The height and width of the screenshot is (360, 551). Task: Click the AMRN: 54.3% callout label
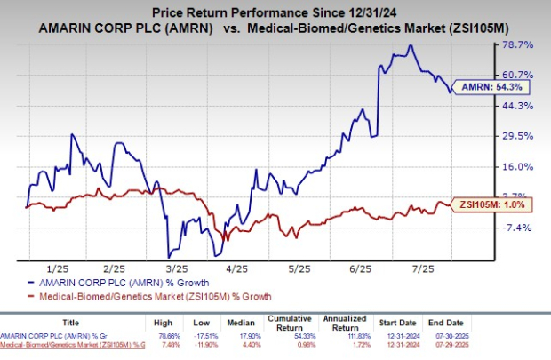pyautogui.click(x=493, y=87)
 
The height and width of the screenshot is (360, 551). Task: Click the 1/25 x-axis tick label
pyautogui.click(x=58, y=267)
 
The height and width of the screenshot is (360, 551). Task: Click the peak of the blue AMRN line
pyautogui.click(x=410, y=45)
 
